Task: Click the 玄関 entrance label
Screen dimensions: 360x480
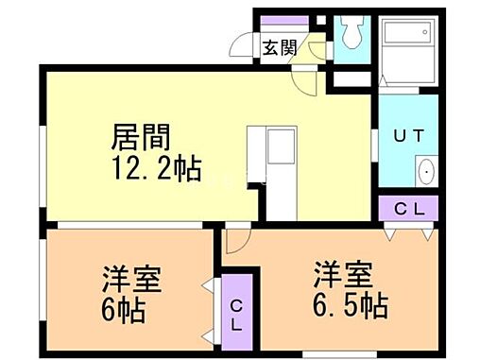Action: (281, 46)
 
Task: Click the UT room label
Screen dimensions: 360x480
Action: (407, 135)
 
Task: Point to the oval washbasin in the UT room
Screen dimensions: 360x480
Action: (425, 173)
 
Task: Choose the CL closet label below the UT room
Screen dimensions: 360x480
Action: (407, 207)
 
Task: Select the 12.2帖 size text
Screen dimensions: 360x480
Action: (156, 170)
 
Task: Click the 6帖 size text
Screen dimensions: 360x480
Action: (124, 310)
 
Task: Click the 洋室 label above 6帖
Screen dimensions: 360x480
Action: (131, 280)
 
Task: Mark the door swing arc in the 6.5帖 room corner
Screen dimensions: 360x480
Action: (237, 240)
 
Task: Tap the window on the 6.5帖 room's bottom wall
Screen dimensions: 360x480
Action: (331, 354)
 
